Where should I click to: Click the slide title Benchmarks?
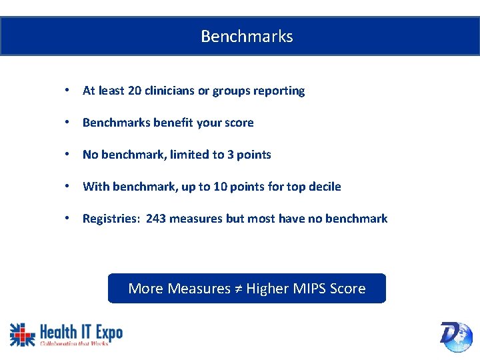point(247,37)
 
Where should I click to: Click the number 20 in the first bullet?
point(134,91)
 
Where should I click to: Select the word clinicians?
point(169,91)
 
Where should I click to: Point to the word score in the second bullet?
point(239,123)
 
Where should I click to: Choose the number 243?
point(156,219)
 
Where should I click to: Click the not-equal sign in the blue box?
point(238,289)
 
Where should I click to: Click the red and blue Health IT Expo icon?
point(22,334)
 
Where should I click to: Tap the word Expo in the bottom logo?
point(107,331)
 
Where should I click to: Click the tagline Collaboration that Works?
point(74,343)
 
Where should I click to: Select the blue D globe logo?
point(456,336)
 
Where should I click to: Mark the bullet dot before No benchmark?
point(68,155)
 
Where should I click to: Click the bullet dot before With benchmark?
point(68,187)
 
